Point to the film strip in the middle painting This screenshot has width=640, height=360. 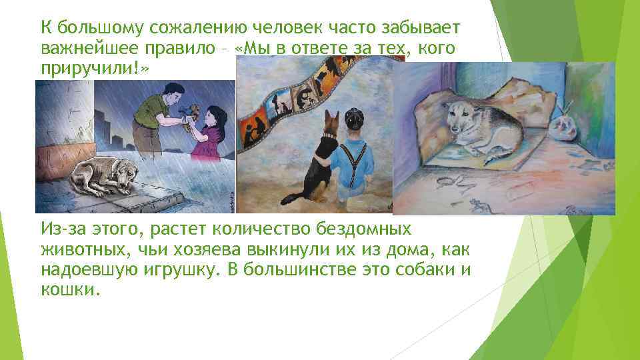pos(293,100)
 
